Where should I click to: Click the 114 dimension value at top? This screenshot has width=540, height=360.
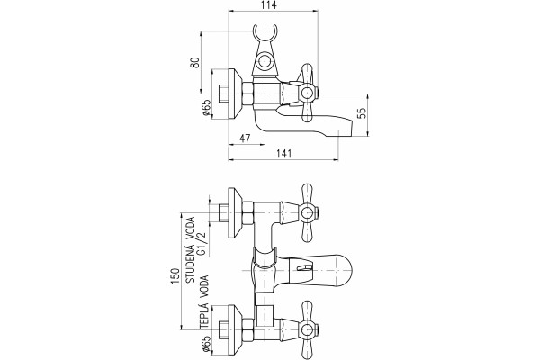click(269, 5)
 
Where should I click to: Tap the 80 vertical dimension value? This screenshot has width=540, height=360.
click(195, 62)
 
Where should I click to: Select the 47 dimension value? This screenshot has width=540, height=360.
click(245, 139)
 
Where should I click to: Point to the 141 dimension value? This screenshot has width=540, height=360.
click(283, 154)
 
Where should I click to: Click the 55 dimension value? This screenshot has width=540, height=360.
click(362, 113)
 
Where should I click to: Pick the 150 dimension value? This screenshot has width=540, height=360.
click(175, 275)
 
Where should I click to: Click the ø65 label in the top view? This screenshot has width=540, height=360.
click(207, 108)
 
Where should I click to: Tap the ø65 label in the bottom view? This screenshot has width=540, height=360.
click(207, 344)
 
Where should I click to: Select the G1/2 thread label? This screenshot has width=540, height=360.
click(201, 244)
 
